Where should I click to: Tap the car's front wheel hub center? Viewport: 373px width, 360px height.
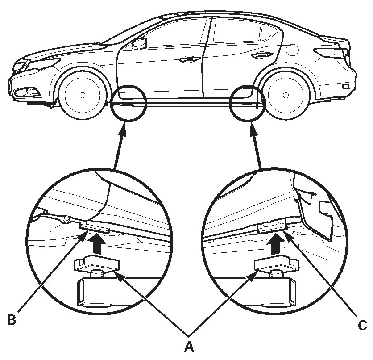click(x=82, y=95)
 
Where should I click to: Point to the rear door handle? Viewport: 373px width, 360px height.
click(x=258, y=56)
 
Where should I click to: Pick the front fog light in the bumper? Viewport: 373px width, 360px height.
click(x=22, y=93)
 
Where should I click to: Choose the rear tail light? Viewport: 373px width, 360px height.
click(x=332, y=52)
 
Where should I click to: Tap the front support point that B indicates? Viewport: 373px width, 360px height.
click(x=95, y=229)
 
